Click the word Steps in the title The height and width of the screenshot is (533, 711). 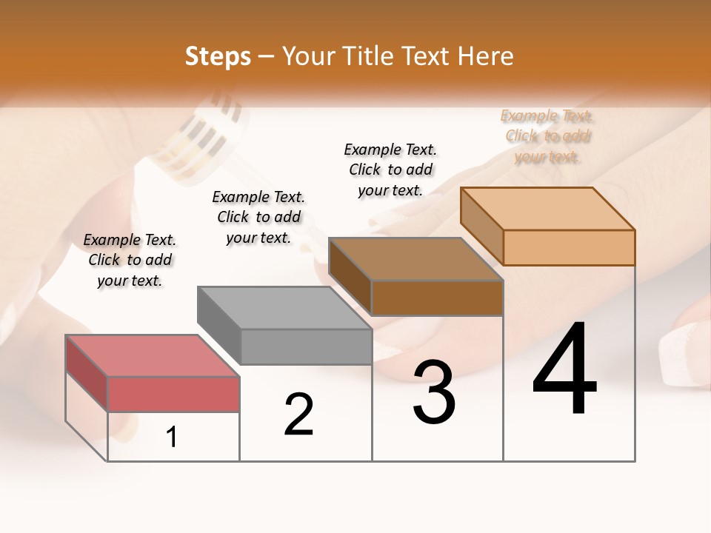218,56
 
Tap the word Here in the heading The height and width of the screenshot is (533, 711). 485,56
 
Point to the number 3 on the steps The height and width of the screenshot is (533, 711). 434,392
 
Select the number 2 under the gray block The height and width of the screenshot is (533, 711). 298,415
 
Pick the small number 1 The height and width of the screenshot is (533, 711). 172,438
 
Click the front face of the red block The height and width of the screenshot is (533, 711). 173,394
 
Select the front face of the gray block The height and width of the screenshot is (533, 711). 306,346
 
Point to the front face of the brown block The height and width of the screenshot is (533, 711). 437,298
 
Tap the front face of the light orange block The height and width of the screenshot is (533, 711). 569,247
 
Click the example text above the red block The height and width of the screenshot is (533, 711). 130,260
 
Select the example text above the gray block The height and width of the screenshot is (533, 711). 258,217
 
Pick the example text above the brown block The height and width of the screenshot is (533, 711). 390,170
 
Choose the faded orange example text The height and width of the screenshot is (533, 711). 547,136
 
